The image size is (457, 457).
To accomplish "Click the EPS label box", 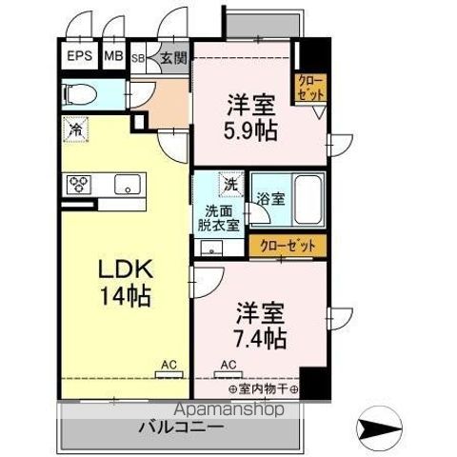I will pyautogui.click(x=80, y=55).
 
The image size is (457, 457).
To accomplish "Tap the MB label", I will pyautogui.click(x=113, y=55).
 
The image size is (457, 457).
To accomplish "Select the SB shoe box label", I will pyautogui.click(x=137, y=56).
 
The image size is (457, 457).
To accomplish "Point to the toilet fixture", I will pyautogui.click(x=81, y=93).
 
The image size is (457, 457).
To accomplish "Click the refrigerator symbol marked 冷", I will pyautogui.click(x=74, y=128).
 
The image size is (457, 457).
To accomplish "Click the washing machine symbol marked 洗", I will pyautogui.click(x=230, y=181).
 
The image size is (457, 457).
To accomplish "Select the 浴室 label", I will pyautogui.click(x=270, y=199).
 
